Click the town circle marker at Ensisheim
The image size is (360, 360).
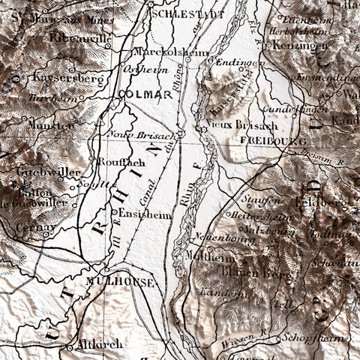[x=114, y=212]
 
